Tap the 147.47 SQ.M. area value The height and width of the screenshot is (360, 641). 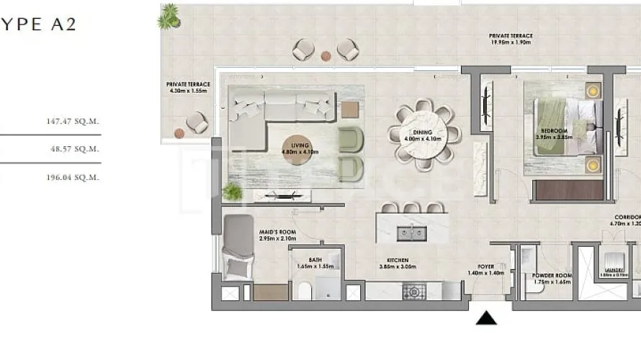pos(72,122)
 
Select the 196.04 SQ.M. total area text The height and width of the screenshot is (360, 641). pos(72,176)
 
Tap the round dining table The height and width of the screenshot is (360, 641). pos(423,134)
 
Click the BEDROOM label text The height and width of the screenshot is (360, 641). pos(552,130)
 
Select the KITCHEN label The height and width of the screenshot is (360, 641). pos(397,260)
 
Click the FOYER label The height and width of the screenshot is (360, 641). pos(486,266)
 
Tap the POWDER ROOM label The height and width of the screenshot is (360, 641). pos(552,276)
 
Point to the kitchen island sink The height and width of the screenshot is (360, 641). pos(411,232)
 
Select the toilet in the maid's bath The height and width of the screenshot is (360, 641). pos(303,291)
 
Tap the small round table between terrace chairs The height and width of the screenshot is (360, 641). pos(326,55)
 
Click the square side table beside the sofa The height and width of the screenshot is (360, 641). pos(349,109)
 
